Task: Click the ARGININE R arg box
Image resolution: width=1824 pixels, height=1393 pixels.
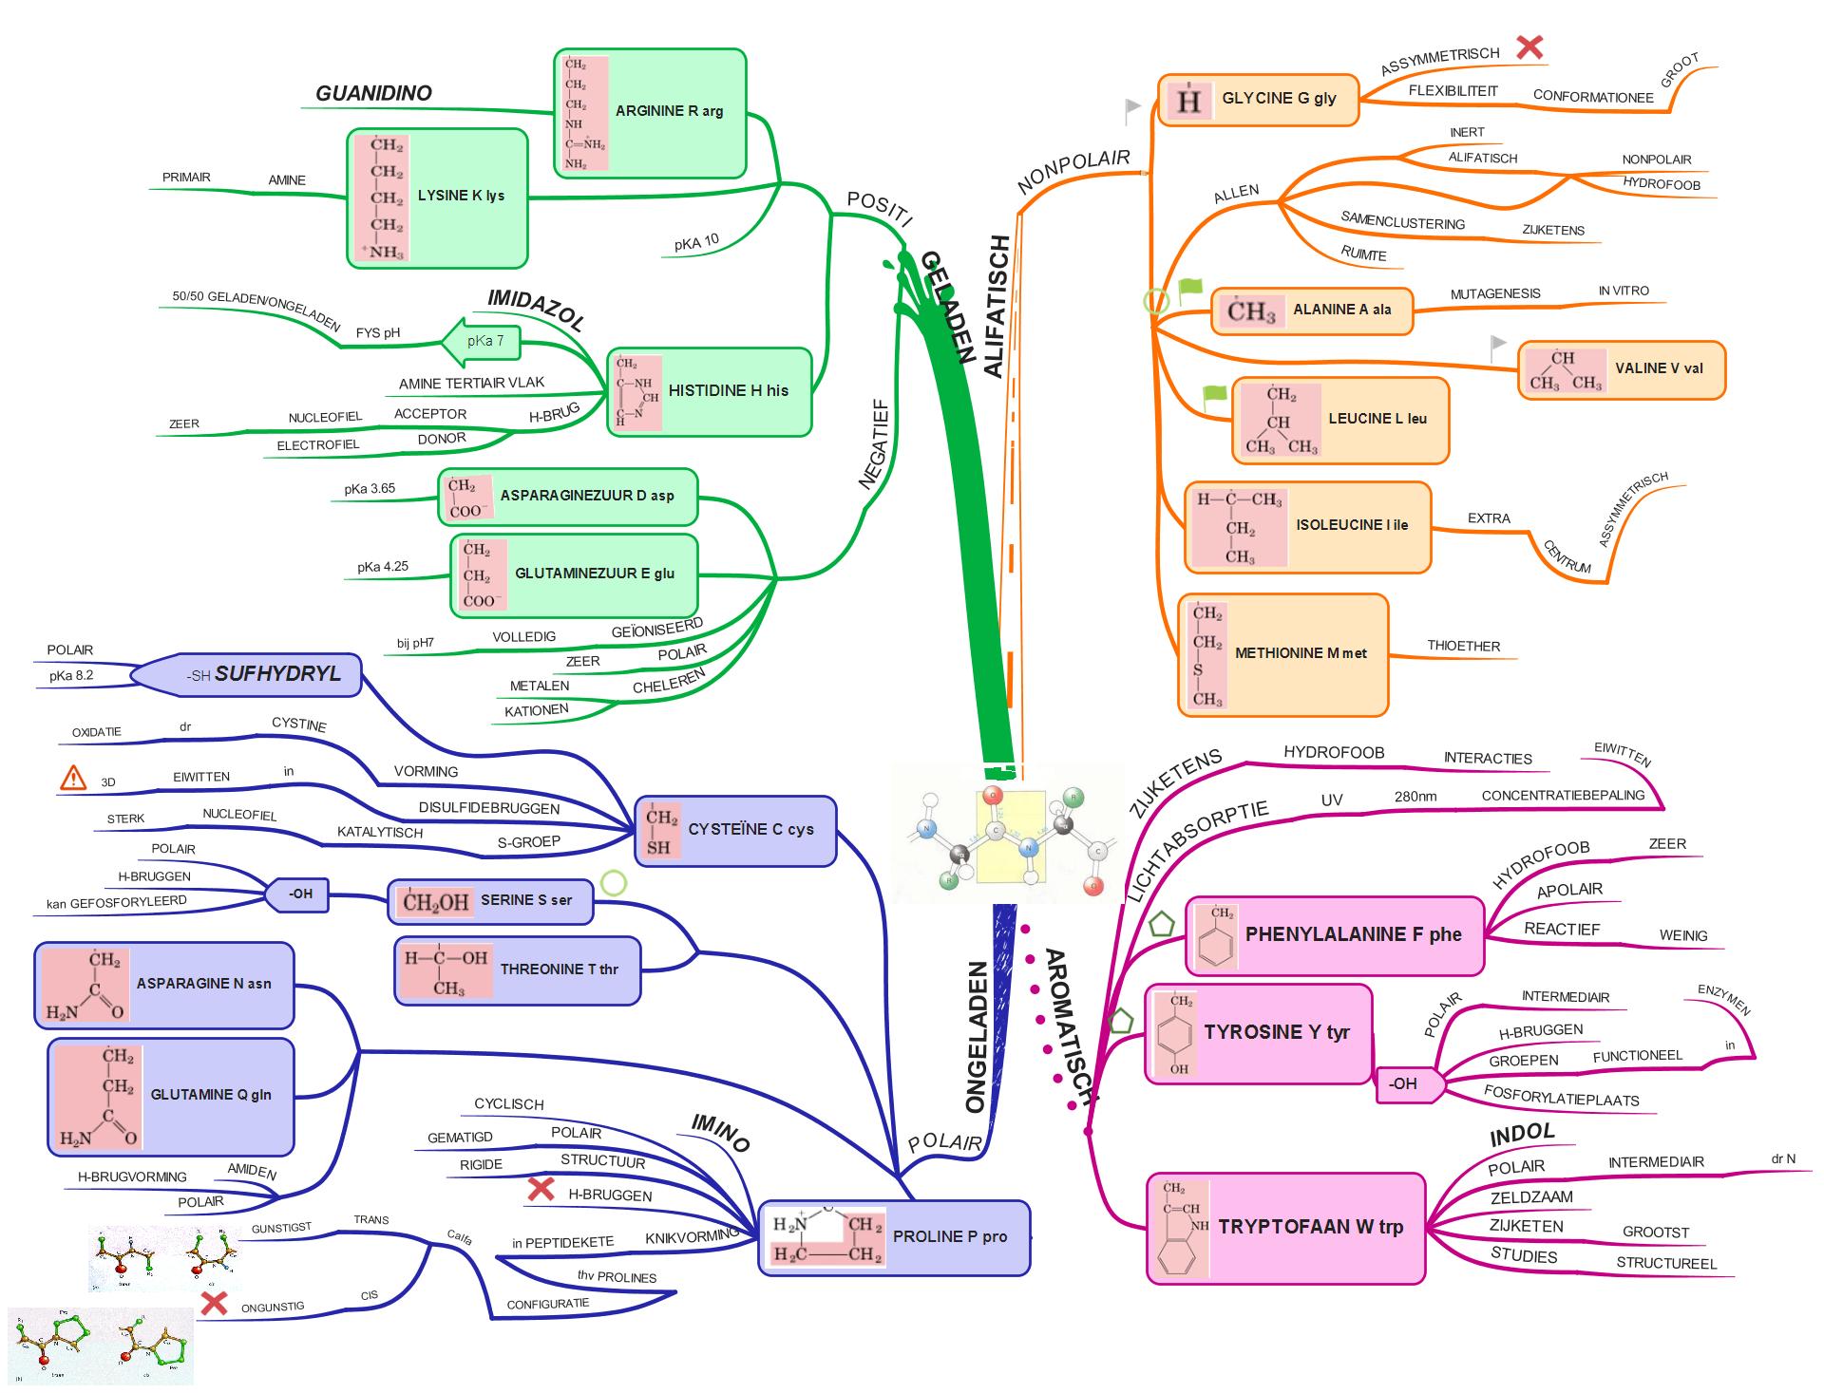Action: [650, 113]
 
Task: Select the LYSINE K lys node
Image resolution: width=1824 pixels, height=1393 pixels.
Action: [437, 198]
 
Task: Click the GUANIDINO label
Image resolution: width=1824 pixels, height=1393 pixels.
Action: [373, 93]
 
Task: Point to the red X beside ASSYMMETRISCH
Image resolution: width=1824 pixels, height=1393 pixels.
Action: [1529, 47]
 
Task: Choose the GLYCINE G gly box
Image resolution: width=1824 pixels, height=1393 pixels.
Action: [1259, 100]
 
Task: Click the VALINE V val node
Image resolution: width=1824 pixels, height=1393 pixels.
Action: [1621, 369]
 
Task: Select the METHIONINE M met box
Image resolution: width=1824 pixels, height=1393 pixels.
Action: [1282, 654]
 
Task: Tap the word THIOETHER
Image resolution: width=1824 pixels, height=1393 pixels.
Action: [1463, 646]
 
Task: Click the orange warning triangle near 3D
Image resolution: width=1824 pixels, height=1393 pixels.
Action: [73, 779]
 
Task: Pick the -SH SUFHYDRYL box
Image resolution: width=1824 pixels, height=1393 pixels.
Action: [247, 675]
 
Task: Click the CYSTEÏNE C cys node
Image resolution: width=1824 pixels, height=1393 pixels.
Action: [734, 831]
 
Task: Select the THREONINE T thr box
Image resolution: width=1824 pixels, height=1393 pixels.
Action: [518, 970]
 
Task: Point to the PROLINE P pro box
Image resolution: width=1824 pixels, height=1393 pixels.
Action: [893, 1237]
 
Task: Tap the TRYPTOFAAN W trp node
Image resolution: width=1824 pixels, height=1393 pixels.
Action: [1285, 1228]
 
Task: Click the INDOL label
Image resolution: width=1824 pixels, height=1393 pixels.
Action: [1522, 1134]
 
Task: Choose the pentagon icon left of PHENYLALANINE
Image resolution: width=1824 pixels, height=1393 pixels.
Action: [1161, 925]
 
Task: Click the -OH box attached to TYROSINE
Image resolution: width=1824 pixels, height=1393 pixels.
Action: [1405, 1084]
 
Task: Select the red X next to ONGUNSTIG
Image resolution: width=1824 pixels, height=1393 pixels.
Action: [215, 1303]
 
